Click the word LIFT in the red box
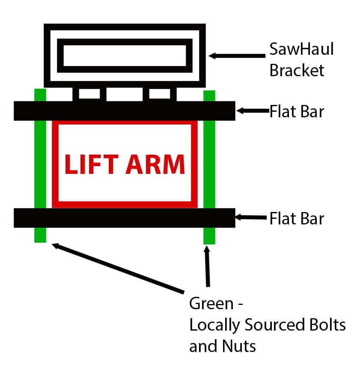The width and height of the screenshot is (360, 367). (x=88, y=164)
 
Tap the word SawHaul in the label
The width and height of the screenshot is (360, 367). (x=301, y=50)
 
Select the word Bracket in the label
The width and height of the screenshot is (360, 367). (x=297, y=70)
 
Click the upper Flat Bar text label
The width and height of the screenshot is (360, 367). (x=297, y=112)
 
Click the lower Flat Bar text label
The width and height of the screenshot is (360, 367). (x=297, y=219)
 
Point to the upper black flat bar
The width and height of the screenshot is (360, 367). (x=124, y=111)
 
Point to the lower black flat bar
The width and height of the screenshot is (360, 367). (x=124, y=218)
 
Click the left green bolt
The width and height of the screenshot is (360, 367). (x=40, y=165)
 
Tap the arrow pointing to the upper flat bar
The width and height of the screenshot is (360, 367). (x=253, y=111)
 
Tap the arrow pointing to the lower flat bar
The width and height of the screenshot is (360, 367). (x=253, y=218)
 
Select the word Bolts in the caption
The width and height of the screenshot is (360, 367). (x=327, y=325)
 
